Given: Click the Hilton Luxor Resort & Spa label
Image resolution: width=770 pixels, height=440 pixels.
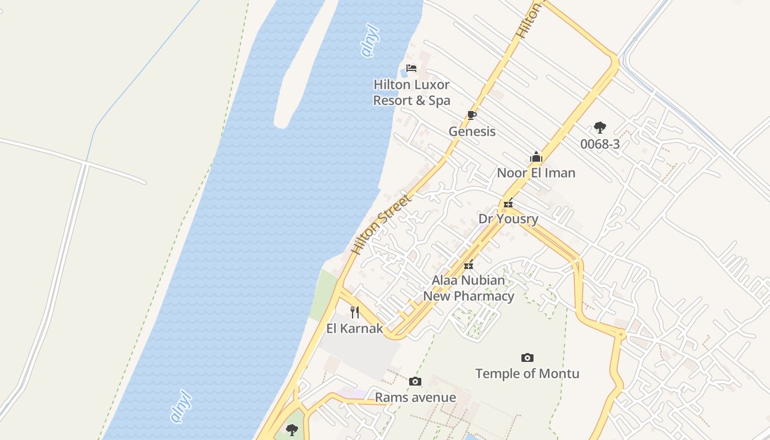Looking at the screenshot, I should [x=411, y=92].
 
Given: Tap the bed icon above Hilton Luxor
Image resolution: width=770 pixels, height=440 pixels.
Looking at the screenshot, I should [x=411, y=68].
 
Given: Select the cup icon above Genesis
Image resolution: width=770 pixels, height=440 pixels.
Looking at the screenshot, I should [x=471, y=115].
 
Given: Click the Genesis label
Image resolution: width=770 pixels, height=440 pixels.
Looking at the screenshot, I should [x=472, y=131].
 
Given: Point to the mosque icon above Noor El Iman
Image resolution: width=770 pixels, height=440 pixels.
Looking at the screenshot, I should [x=536, y=157].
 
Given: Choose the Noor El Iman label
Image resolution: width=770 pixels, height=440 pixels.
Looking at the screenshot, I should [x=536, y=173].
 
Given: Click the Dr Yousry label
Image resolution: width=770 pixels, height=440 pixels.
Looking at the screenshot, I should [x=508, y=219].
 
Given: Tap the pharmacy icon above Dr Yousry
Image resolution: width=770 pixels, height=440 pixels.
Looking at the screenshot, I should [x=508, y=203].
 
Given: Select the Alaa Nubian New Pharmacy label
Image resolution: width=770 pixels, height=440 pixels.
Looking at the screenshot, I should [x=469, y=288].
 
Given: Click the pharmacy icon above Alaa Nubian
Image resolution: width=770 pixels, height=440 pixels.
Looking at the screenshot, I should [x=469, y=265].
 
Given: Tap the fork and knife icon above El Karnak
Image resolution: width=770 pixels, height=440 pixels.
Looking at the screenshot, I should [x=355, y=312].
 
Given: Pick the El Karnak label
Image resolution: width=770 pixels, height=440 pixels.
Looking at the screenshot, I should [x=355, y=329].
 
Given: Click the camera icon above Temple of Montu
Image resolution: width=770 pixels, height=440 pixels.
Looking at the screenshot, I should [x=527, y=358].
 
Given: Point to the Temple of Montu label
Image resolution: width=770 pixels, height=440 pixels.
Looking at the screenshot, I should [x=527, y=374].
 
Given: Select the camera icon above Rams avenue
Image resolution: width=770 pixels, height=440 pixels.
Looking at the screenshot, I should [x=415, y=382].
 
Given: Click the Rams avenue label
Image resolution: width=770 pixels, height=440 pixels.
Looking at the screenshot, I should [x=415, y=398].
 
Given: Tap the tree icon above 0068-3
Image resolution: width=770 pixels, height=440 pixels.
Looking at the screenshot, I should [x=600, y=128].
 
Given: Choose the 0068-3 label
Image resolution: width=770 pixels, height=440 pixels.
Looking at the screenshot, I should [x=600, y=144].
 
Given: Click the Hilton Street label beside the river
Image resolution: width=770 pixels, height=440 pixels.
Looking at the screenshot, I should [x=381, y=224].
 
